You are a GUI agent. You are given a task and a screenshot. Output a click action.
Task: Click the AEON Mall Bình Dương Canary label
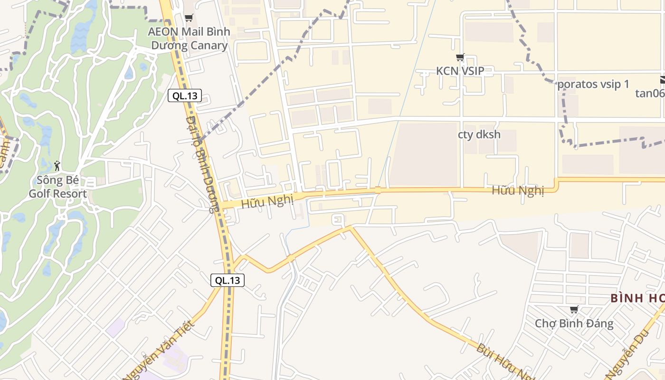point(189,38)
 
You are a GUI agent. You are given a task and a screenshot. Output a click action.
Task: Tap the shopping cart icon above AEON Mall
point(189,18)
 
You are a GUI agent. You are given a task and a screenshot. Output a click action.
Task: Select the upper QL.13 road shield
point(185,96)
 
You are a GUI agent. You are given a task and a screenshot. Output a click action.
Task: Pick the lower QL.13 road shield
point(228,280)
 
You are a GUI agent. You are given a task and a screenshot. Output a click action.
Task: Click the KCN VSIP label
point(460,71)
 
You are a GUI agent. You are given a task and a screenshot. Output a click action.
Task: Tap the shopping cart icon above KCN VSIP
point(460,57)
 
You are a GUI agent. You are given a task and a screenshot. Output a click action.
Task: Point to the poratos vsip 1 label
point(593,85)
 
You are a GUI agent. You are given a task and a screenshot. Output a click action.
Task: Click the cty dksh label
point(479,134)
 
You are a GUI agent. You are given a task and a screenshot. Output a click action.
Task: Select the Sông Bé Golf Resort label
point(57,187)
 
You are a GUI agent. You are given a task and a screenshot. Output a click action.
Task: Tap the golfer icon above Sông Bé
point(57,166)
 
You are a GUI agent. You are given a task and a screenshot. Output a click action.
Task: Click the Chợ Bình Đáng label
point(574,324)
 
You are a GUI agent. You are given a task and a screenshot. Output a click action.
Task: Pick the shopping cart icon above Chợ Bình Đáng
point(574,310)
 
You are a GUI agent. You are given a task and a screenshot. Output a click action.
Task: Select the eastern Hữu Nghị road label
point(517,190)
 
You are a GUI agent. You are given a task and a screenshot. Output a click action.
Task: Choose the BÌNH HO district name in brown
point(636,298)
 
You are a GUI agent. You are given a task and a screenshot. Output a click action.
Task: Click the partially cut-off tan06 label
point(650,93)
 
